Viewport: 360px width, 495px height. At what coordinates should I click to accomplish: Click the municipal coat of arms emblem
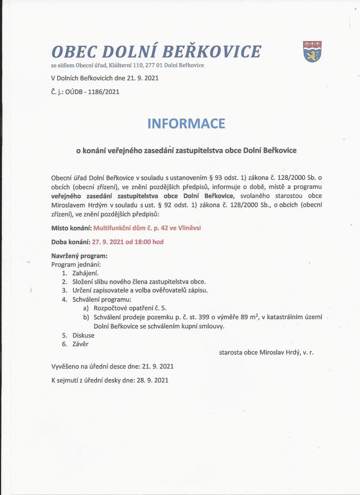coord(312,51)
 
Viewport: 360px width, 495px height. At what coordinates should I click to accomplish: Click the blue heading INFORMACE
coord(186,123)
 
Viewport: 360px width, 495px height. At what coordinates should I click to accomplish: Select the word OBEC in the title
coord(74,52)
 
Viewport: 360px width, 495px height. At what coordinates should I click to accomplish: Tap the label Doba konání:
coord(71,242)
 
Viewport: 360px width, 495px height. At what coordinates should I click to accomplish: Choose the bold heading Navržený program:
coord(79,256)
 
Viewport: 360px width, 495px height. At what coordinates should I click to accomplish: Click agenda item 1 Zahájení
coord(85,273)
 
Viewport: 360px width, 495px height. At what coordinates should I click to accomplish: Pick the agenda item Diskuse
coord(83,335)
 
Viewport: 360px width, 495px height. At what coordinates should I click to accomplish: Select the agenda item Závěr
coord(80,344)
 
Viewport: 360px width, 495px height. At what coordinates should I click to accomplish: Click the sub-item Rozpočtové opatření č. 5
coord(130,308)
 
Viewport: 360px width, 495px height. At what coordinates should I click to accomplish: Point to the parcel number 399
coord(203,317)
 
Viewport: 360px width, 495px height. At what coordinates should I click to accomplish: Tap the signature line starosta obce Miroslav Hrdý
coord(266,353)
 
